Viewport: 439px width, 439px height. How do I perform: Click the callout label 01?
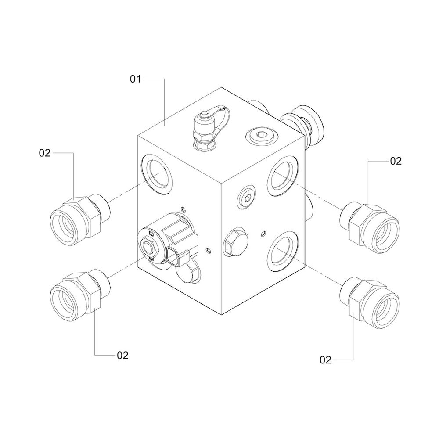pyautogui.click(x=135, y=79)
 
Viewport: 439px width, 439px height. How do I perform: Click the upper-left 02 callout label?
pyautogui.click(x=44, y=153)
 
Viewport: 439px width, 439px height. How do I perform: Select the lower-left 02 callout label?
pyautogui.click(x=122, y=355)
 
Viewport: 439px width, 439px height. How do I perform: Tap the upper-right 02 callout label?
pyautogui.click(x=396, y=161)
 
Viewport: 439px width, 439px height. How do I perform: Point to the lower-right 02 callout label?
pyautogui.click(x=325, y=360)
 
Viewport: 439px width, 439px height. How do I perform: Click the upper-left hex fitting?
pyautogui.click(x=80, y=219)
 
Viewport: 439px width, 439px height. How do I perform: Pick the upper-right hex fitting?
pyautogui.click(x=370, y=227)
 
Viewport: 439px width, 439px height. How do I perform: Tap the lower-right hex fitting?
pyautogui.click(x=370, y=302)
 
